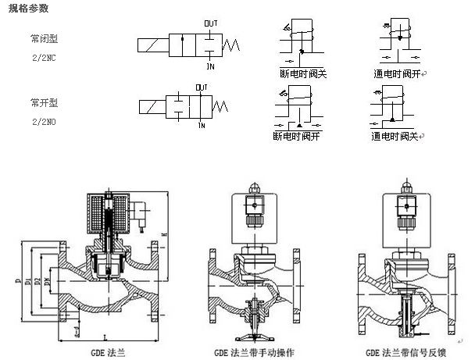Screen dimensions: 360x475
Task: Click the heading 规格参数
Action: coord(27,9)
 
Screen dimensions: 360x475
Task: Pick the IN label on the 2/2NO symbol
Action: coord(202,125)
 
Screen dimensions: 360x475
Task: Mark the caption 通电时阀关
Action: coord(396,137)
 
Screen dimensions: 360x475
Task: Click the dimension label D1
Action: coord(28,277)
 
